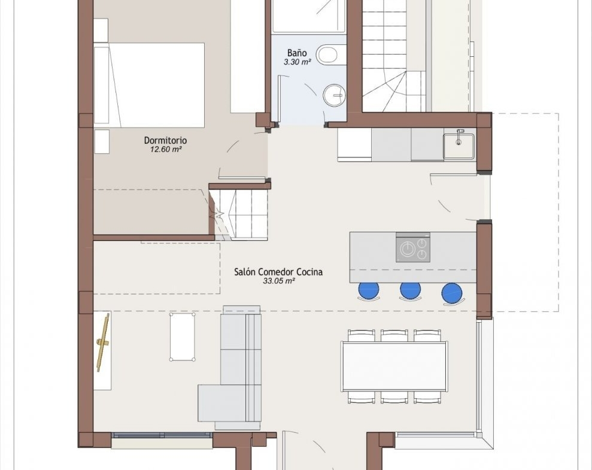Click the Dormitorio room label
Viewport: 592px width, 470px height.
tap(165, 141)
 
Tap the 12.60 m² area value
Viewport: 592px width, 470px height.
tap(166, 150)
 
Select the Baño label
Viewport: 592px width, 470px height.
tap(297, 53)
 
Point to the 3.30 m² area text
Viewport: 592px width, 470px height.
tap(297, 62)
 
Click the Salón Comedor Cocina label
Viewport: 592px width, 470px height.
tap(278, 272)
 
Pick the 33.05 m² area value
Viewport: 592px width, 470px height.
tap(278, 281)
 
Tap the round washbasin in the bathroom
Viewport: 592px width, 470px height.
tap(334, 95)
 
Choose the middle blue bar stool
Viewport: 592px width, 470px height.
tap(411, 291)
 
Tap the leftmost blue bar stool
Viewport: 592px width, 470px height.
tap(369, 291)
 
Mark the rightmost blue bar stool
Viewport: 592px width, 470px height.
tap(452, 293)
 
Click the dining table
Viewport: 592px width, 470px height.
tap(394, 366)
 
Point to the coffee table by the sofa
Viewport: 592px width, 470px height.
tap(183, 336)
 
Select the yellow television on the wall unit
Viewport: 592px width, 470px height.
tap(103, 342)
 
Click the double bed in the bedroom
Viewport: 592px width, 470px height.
tap(149, 85)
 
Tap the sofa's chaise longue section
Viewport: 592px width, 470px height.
tap(221, 403)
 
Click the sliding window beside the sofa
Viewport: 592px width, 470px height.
tap(162, 435)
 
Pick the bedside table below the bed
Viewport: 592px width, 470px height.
tap(102, 141)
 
